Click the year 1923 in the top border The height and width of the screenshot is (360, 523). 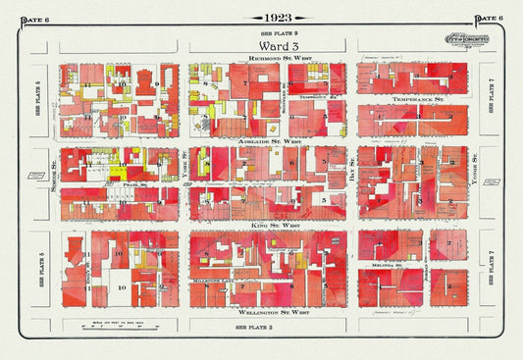pos(262,19)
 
